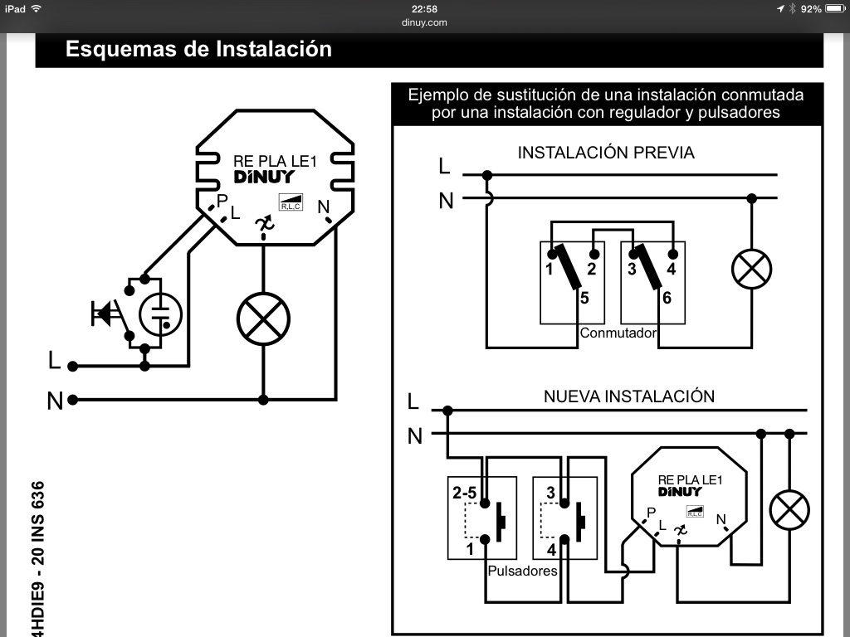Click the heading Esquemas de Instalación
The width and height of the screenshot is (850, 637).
pyautogui.click(x=198, y=49)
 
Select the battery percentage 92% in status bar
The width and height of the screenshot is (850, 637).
pyautogui.click(x=811, y=8)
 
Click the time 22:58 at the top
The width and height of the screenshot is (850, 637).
pyautogui.click(x=425, y=8)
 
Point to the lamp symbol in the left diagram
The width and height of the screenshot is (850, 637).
pyautogui.click(x=263, y=319)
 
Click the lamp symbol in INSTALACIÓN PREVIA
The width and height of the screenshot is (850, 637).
pyautogui.click(x=751, y=269)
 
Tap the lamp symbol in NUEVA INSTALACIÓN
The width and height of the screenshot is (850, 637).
pyautogui.click(x=789, y=511)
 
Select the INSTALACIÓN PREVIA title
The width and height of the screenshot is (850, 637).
pyautogui.click(x=606, y=153)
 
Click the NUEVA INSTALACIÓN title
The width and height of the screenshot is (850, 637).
pyautogui.click(x=629, y=396)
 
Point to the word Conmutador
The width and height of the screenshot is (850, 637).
pyautogui.click(x=618, y=333)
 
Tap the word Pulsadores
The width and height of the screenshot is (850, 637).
pyautogui.click(x=522, y=571)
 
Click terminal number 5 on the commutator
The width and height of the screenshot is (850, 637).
pyautogui.click(x=584, y=298)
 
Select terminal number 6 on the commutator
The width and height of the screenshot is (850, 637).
pyautogui.click(x=666, y=298)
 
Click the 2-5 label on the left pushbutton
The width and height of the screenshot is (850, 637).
pyautogui.click(x=464, y=493)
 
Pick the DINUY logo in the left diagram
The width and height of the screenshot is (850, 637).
pyautogui.click(x=263, y=177)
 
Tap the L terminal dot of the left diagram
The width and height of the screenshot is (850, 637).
pyautogui.click(x=73, y=366)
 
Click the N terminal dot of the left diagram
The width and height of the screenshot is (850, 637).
pyautogui.click(x=73, y=400)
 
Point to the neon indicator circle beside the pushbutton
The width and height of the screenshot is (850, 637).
pyautogui.click(x=160, y=314)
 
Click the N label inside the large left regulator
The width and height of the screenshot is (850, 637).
pyautogui.click(x=323, y=207)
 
